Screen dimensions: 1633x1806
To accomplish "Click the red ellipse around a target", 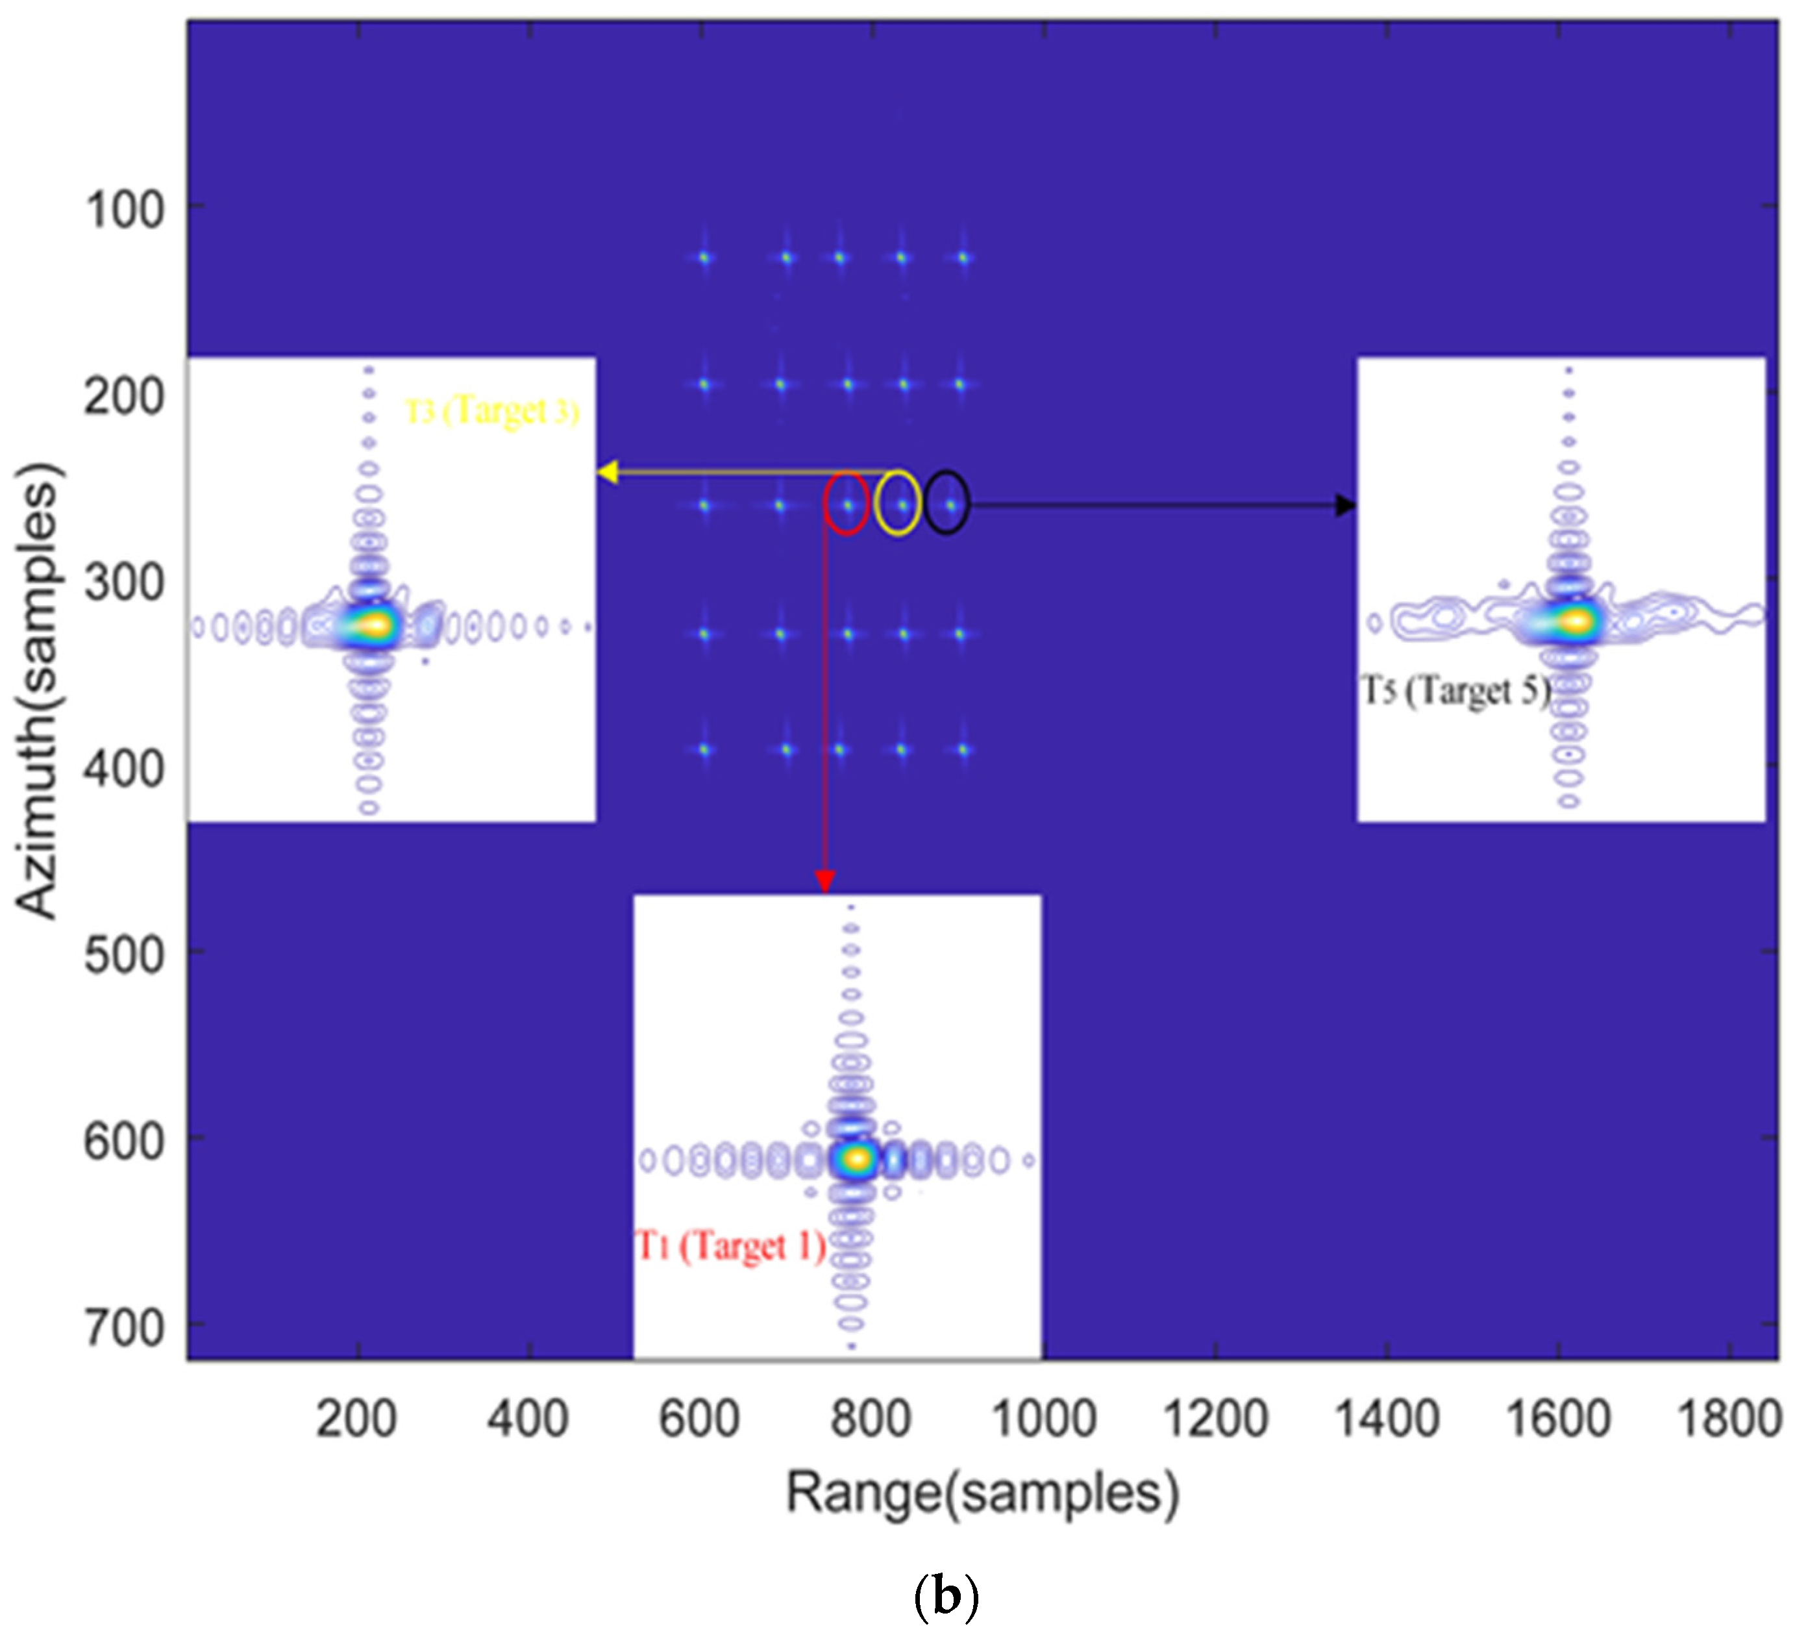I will [x=847, y=503].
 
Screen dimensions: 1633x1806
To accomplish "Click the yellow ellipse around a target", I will [x=898, y=503].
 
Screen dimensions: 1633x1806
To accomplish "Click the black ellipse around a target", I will [x=948, y=503].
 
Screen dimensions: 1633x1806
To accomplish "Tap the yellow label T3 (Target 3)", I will [x=492, y=411].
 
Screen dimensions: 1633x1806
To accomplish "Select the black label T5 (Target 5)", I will [x=1455, y=691].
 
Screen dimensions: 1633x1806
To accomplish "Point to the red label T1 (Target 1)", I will [x=730, y=1246].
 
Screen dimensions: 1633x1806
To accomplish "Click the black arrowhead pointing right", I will [x=1344, y=506].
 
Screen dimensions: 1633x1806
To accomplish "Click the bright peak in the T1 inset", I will [x=858, y=1159].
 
